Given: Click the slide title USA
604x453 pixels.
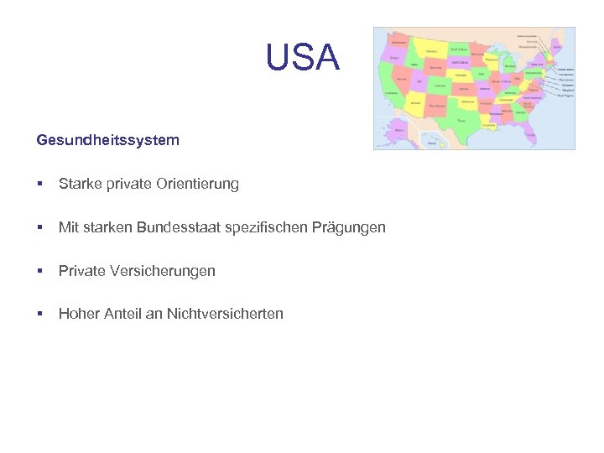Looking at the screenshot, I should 302,58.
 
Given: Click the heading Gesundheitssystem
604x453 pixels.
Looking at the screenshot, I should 107,140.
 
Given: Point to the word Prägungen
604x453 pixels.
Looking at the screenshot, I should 351,227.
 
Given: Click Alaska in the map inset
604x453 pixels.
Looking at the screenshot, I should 397,133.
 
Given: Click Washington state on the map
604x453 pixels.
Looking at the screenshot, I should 399,41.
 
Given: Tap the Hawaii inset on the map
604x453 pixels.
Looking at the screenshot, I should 434,143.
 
